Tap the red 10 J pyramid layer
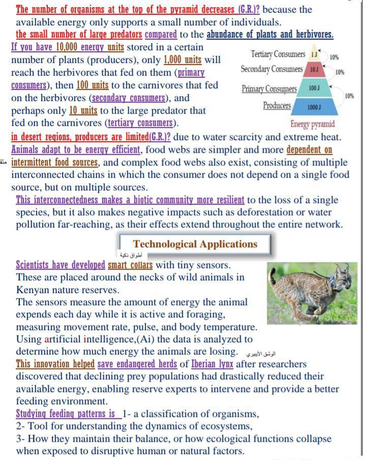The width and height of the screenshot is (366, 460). click(314, 69)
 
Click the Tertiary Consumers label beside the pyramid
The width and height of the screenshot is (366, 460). click(278, 54)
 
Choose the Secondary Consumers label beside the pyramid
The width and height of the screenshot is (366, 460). click(271, 69)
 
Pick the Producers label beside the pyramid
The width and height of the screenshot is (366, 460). click(277, 106)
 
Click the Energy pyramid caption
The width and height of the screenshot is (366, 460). click(313, 124)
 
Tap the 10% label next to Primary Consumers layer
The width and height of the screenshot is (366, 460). click(349, 95)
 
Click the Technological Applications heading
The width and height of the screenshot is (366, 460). click(195, 244)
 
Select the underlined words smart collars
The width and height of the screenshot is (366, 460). click(130, 265)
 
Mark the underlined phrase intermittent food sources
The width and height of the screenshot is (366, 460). click(55, 162)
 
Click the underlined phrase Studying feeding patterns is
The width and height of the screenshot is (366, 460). click(65, 413)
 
